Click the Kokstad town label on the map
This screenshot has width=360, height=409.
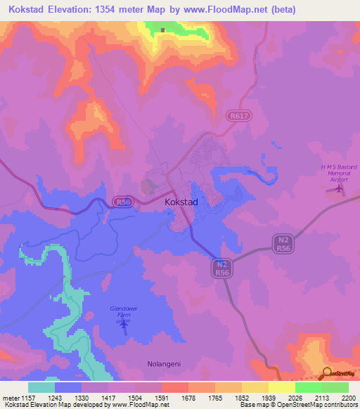181,202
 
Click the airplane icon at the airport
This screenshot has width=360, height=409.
340,188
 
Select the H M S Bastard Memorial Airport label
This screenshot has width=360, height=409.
339,173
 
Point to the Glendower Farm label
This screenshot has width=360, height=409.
124,312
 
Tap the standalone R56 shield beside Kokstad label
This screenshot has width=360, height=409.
122,201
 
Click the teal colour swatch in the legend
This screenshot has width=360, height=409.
41,387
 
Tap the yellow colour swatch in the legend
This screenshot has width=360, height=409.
281,387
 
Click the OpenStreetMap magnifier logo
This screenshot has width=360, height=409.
327,374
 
